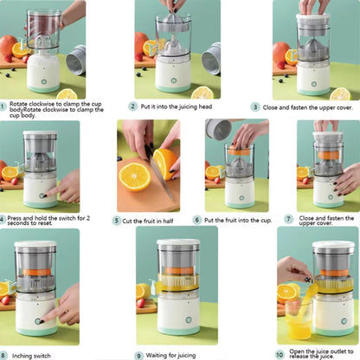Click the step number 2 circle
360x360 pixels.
click(x=132, y=106)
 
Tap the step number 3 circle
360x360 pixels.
click(x=255, y=106)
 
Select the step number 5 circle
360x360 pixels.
click(x=117, y=221)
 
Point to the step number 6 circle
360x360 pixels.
click(x=197, y=221)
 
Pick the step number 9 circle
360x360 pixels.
click(x=138, y=355)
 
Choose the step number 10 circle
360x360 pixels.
click(x=279, y=354)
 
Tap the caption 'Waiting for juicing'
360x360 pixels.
click(x=173, y=355)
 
